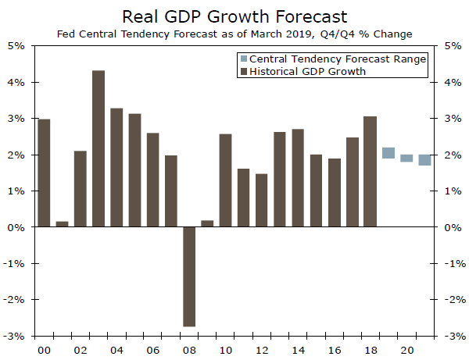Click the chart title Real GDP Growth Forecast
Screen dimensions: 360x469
234,16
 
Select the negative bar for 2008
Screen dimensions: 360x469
189,276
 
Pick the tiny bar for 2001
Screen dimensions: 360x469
63,224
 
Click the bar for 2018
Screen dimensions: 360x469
371,172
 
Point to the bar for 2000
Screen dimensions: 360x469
45,173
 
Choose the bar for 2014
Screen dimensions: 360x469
298,178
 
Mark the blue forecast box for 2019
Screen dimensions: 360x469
388,153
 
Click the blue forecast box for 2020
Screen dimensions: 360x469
406,158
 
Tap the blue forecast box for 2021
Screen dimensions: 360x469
424,160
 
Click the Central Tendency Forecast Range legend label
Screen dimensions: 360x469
338,59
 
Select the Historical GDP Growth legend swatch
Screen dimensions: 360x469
242,71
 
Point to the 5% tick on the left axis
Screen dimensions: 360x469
18,45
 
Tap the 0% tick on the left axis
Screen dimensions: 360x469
18,227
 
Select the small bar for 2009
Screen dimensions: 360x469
207,223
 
